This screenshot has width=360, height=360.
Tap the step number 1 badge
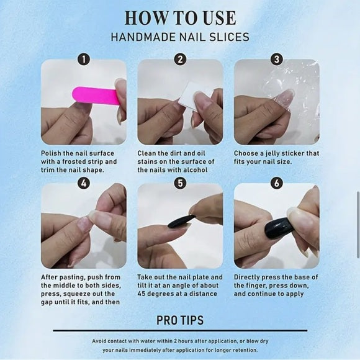pyautogui.click(x=84, y=60)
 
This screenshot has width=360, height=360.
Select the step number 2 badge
pyautogui.click(x=180, y=60)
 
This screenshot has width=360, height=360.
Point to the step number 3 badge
pyautogui.click(x=277, y=60)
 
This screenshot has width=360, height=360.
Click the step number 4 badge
pyautogui.click(x=84, y=183)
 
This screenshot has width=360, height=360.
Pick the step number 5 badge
pyautogui.click(x=180, y=183)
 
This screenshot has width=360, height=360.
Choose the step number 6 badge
pyautogui.click(x=277, y=183)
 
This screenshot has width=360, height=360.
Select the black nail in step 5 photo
pyautogui.click(x=181, y=221)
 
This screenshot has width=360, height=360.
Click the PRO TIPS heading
pyautogui.click(x=179, y=321)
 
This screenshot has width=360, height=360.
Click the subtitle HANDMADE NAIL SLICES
pyautogui.click(x=179, y=37)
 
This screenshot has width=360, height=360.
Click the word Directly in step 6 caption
pyautogui.click(x=248, y=277)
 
